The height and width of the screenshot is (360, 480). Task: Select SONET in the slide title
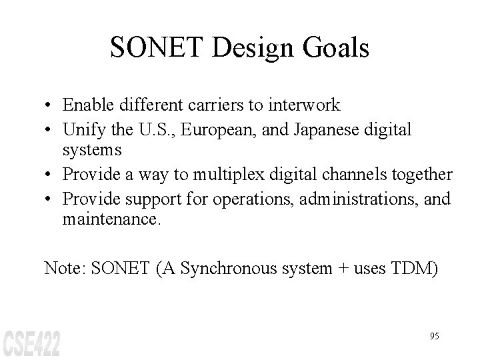coord(149,48)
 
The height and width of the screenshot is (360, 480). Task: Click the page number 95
coord(434,336)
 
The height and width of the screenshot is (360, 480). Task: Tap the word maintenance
coord(111,218)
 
